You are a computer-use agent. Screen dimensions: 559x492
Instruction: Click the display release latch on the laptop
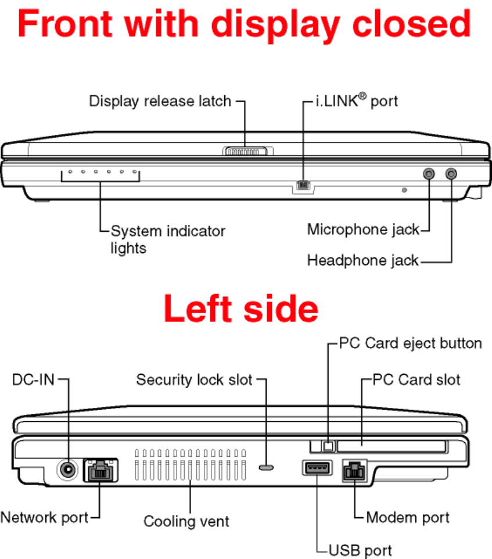(246, 152)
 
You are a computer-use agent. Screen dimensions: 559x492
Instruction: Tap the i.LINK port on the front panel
(303, 185)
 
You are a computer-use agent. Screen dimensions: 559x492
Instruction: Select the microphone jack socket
(429, 173)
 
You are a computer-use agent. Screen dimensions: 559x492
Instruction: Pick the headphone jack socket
(451, 173)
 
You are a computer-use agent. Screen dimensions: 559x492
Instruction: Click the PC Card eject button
(329, 446)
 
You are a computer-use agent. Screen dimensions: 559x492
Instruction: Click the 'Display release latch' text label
(160, 102)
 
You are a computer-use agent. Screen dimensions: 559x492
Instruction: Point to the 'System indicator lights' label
(167, 239)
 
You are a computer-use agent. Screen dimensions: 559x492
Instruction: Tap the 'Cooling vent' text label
(186, 521)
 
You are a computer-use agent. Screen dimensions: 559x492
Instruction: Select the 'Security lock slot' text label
(195, 380)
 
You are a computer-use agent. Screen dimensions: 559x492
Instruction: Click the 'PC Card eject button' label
(411, 343)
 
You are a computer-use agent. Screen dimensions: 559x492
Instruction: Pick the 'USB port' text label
(360, 550)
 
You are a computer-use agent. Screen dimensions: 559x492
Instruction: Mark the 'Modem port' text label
(408, 517)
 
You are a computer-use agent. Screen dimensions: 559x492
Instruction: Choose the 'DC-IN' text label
(34, 380)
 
